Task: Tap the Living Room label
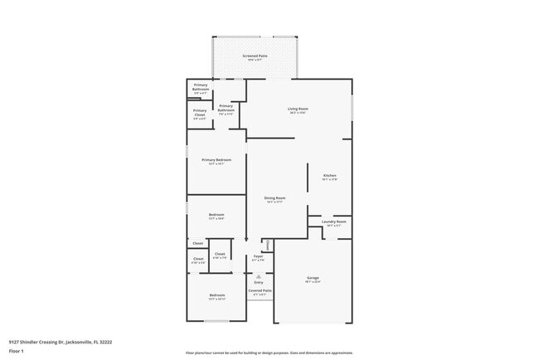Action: click(298, 109)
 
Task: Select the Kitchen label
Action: click(329, 176)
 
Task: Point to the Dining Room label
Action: click(274, 198)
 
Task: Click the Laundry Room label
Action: click(334, 221)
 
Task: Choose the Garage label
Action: click(313, 278)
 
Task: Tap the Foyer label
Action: click(258, 257)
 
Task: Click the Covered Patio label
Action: click(259, 291)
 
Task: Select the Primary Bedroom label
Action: click(216, 160)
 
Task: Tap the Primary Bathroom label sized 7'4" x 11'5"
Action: click(226, 107)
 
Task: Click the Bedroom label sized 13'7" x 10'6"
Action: click(216, 216)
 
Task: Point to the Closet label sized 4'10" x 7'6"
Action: click(219, 255)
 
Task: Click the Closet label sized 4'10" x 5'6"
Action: click(198, 260)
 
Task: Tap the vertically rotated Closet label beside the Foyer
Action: click(267, 245)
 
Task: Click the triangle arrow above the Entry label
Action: click(259, 276)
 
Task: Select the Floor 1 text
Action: click(17, 351)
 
